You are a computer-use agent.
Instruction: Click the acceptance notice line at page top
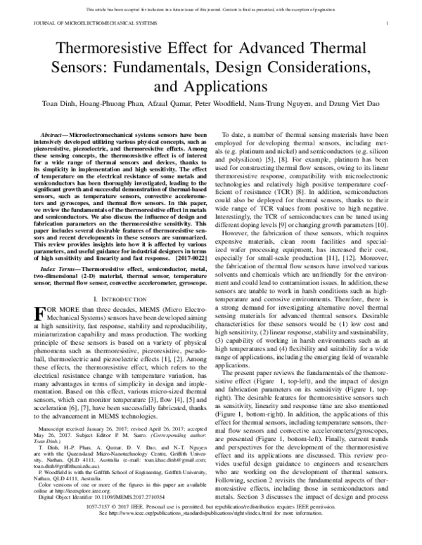click(210, 9)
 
